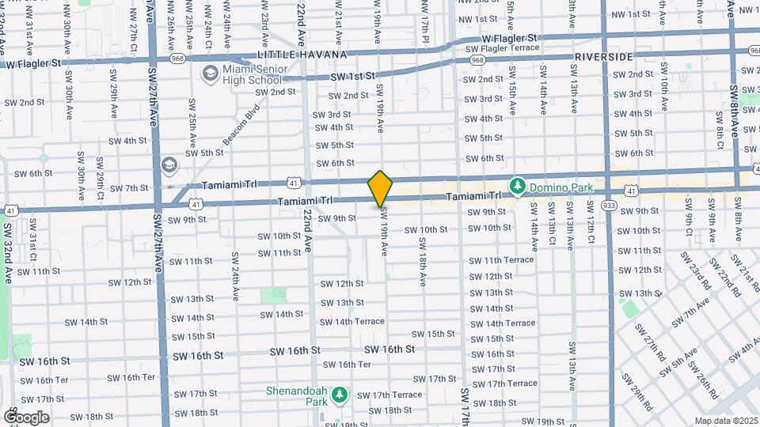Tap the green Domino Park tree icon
tap(519, 185)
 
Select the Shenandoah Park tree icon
tap(340, 394)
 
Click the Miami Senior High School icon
tap(210, 74)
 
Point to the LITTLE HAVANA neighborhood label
tap(302, 55)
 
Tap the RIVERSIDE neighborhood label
tap(604, 57)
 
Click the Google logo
tap(26, 417)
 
